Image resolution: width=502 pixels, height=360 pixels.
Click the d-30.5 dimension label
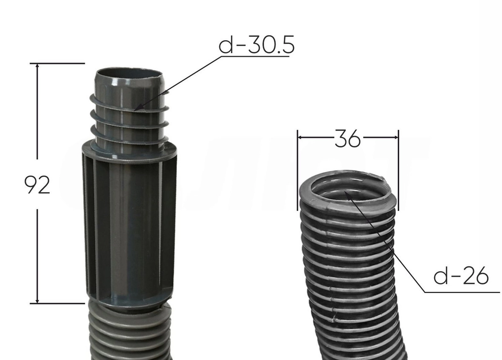pyautogui.click(x=256, y=45)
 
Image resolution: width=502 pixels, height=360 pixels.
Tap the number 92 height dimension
pyautogui.click(x=37, y=185)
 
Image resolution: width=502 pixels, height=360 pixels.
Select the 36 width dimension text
pyautogui.click(x=348, y=139)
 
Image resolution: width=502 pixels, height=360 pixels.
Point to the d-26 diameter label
pyautogui.click(x=461, y=276)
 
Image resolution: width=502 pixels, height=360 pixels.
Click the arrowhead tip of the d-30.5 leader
pyautogui.click(x=134, y=111)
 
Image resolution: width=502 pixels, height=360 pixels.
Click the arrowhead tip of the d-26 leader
pyautogui.click(x=345, y=191)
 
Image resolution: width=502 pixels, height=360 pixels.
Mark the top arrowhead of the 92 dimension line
pyautogui.click(x=37, y=64)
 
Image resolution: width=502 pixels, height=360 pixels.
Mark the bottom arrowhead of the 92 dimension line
pyautogui.click(x=37, y=303)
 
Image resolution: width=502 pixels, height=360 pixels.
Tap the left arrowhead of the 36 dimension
pyautogui.click(x=298, y=137)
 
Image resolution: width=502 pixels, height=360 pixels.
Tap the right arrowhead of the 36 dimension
pyautogui.click(x=398, y=137)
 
